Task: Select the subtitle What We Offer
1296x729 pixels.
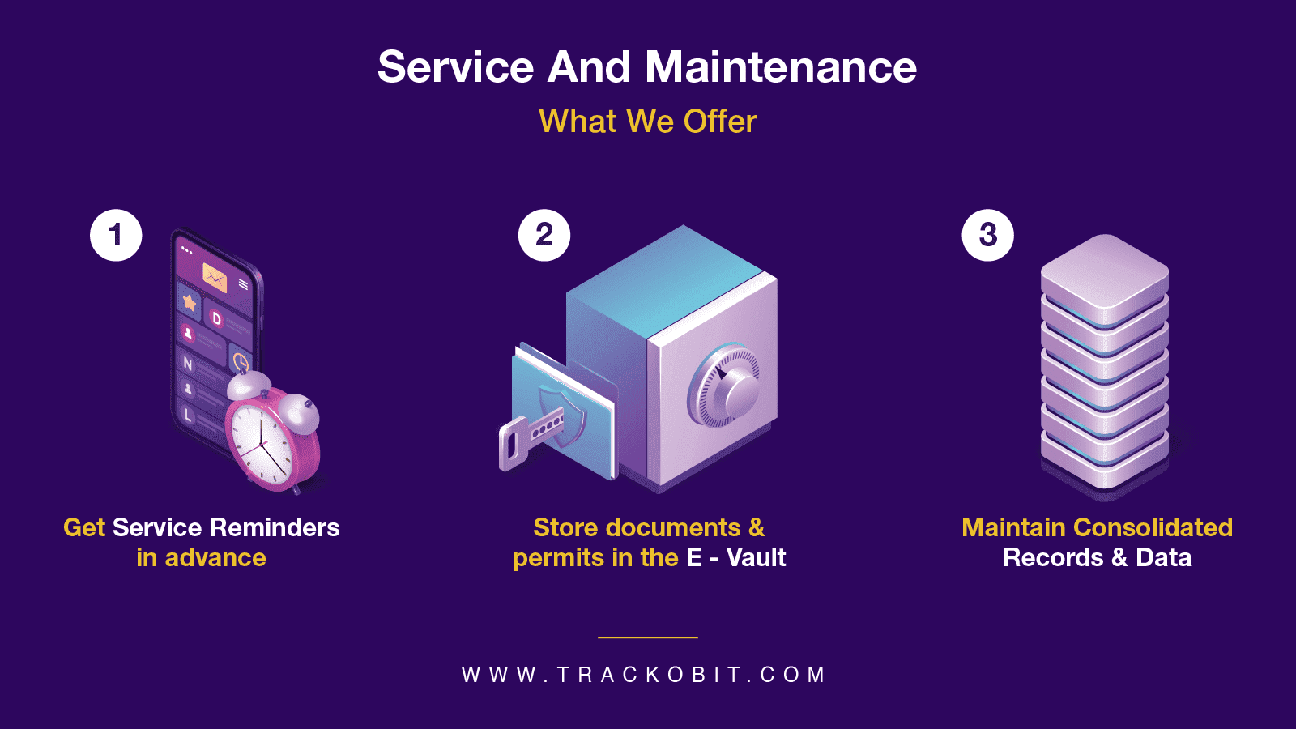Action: pyautogui.click(x=648, y=122)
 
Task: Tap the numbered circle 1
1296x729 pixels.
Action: pyautogui.click(x=116, y=236)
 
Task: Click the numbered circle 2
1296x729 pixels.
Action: pyautogui.click(x=544, y=236)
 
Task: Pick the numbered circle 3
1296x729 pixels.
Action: pyautogui.click(x=987, y=236)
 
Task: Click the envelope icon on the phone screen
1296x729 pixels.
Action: pyautogui.click(x=215, y=277)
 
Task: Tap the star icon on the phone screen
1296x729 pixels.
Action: pyautogui.click(x=190, y=303)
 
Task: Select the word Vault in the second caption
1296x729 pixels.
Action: pyautogui.click(x=756, y=557)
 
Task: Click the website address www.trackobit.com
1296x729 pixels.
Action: pyautogui.click(x=644, y=675)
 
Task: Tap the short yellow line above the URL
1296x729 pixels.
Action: pyautogui.click(x=648, y=637)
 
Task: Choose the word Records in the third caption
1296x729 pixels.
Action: pyautogui.click(x=1053, y=557)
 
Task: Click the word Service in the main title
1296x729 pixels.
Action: pyautogui.click(x=456, y=67)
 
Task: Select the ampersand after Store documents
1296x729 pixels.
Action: pyautogui.click(x=757, y=527)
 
